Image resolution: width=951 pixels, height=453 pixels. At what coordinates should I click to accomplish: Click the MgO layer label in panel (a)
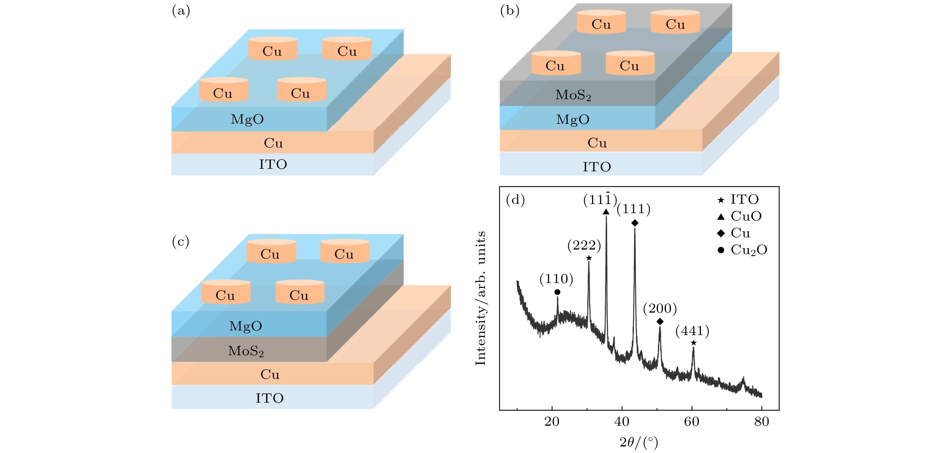[247, 119]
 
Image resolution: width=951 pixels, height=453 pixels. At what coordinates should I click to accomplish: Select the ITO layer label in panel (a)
[273, 164]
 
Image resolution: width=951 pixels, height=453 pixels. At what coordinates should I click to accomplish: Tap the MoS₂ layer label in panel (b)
[573, 95]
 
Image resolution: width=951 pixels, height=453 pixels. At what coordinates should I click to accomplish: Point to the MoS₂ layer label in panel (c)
[246, 351]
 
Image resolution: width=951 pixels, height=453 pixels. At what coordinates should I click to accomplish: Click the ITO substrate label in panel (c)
[269, 398]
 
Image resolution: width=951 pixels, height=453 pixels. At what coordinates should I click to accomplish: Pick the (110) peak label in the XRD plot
[556, 279]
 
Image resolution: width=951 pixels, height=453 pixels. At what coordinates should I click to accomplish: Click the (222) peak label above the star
[584, 246]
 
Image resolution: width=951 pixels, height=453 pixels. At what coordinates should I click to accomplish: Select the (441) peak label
[692, 331]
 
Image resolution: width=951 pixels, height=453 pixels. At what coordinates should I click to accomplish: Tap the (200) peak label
[660, 309]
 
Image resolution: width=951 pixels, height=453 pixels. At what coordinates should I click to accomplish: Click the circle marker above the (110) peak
[557, 292]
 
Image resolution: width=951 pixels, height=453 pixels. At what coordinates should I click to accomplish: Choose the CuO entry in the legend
[746, 216]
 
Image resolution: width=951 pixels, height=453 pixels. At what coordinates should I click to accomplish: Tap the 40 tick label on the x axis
[622, 422]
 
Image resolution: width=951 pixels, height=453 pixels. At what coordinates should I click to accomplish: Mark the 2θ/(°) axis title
[639, 442]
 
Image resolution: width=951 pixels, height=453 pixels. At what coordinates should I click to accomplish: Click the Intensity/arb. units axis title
[480, 298]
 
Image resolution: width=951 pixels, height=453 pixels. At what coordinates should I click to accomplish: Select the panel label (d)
[515, 200]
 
